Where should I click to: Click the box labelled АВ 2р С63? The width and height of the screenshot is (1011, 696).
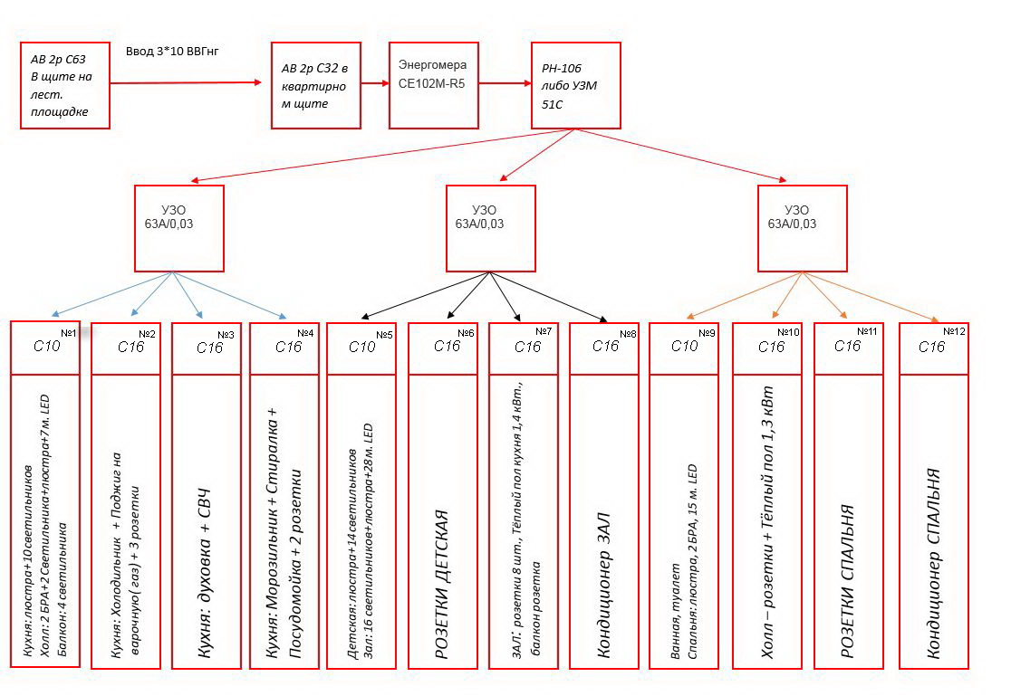pos(65,86)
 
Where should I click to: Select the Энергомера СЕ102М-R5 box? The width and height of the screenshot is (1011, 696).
pos(434,86)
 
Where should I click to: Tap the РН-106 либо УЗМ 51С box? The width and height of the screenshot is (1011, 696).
pos(576,86)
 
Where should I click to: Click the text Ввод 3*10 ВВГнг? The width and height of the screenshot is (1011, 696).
pos(172,51)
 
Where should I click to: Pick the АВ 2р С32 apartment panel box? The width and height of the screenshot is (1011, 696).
pos(316,86)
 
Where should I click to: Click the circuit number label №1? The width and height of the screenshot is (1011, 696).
pos(69,332)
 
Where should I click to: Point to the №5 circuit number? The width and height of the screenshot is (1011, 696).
pos(384,335)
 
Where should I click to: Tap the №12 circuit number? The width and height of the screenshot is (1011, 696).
pos(954,331)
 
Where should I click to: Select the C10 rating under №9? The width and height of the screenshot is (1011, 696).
pos(684,346)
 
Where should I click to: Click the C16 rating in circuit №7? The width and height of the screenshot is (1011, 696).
pos(527,347)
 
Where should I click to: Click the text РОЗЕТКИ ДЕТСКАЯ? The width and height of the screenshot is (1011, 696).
pos(442,585)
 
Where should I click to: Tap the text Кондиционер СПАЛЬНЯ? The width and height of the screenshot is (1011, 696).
pos(934,564)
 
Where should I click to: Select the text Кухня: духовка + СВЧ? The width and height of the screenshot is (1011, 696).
pos(205,574)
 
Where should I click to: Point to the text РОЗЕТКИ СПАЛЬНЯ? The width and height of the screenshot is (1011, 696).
pos(847,581)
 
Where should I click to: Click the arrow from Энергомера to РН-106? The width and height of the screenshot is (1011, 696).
pos(505,83)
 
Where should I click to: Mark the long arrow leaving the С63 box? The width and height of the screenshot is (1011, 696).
pos(186,82)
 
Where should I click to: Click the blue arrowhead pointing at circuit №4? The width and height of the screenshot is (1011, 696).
pos(283,316)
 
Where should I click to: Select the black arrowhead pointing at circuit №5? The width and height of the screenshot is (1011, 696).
pos(365,317)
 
